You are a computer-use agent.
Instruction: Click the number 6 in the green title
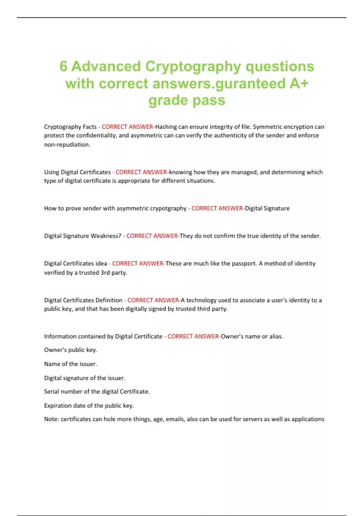(x=63, y=66)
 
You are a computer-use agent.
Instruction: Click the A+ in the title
(x=298, y=83)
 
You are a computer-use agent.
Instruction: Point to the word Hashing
(x=166, y=127)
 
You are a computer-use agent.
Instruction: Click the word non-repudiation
(x=67, y=145)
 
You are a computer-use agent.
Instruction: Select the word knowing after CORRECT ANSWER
(x=180, y=172)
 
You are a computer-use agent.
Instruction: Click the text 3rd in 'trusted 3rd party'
(x=105, y=273)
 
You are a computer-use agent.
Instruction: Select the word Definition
(x=109, y=300)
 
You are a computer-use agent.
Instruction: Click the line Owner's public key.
(x=70, y=350)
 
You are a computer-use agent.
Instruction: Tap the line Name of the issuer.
(x=70, y=364)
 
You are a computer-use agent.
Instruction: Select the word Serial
(x=52, y=392)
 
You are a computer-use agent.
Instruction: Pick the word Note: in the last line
(x=51, y=419)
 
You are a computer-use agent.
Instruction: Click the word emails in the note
(x=175, y=419)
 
